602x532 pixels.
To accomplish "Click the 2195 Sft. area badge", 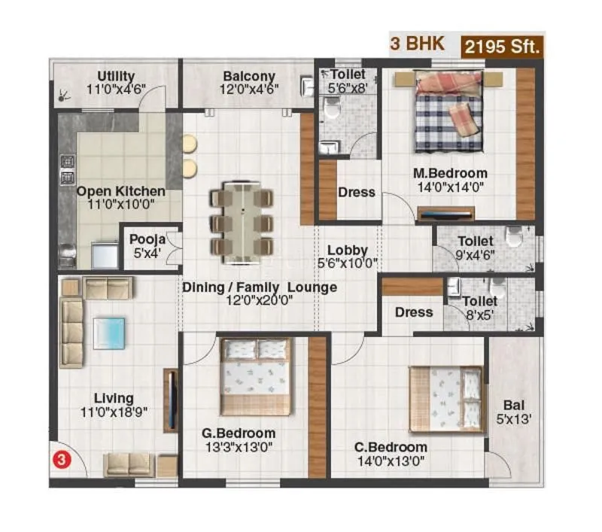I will tap(502, 46).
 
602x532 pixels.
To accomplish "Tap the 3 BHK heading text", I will tap(416, 44).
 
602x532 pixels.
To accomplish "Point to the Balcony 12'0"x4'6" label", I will tap(249, 82).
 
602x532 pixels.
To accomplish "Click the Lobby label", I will tap(348, 250).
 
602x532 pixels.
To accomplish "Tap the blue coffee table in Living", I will tap(109, 333).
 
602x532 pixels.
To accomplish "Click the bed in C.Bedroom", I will tap(445, 399).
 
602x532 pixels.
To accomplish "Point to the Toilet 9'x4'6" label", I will tap(476, 247).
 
